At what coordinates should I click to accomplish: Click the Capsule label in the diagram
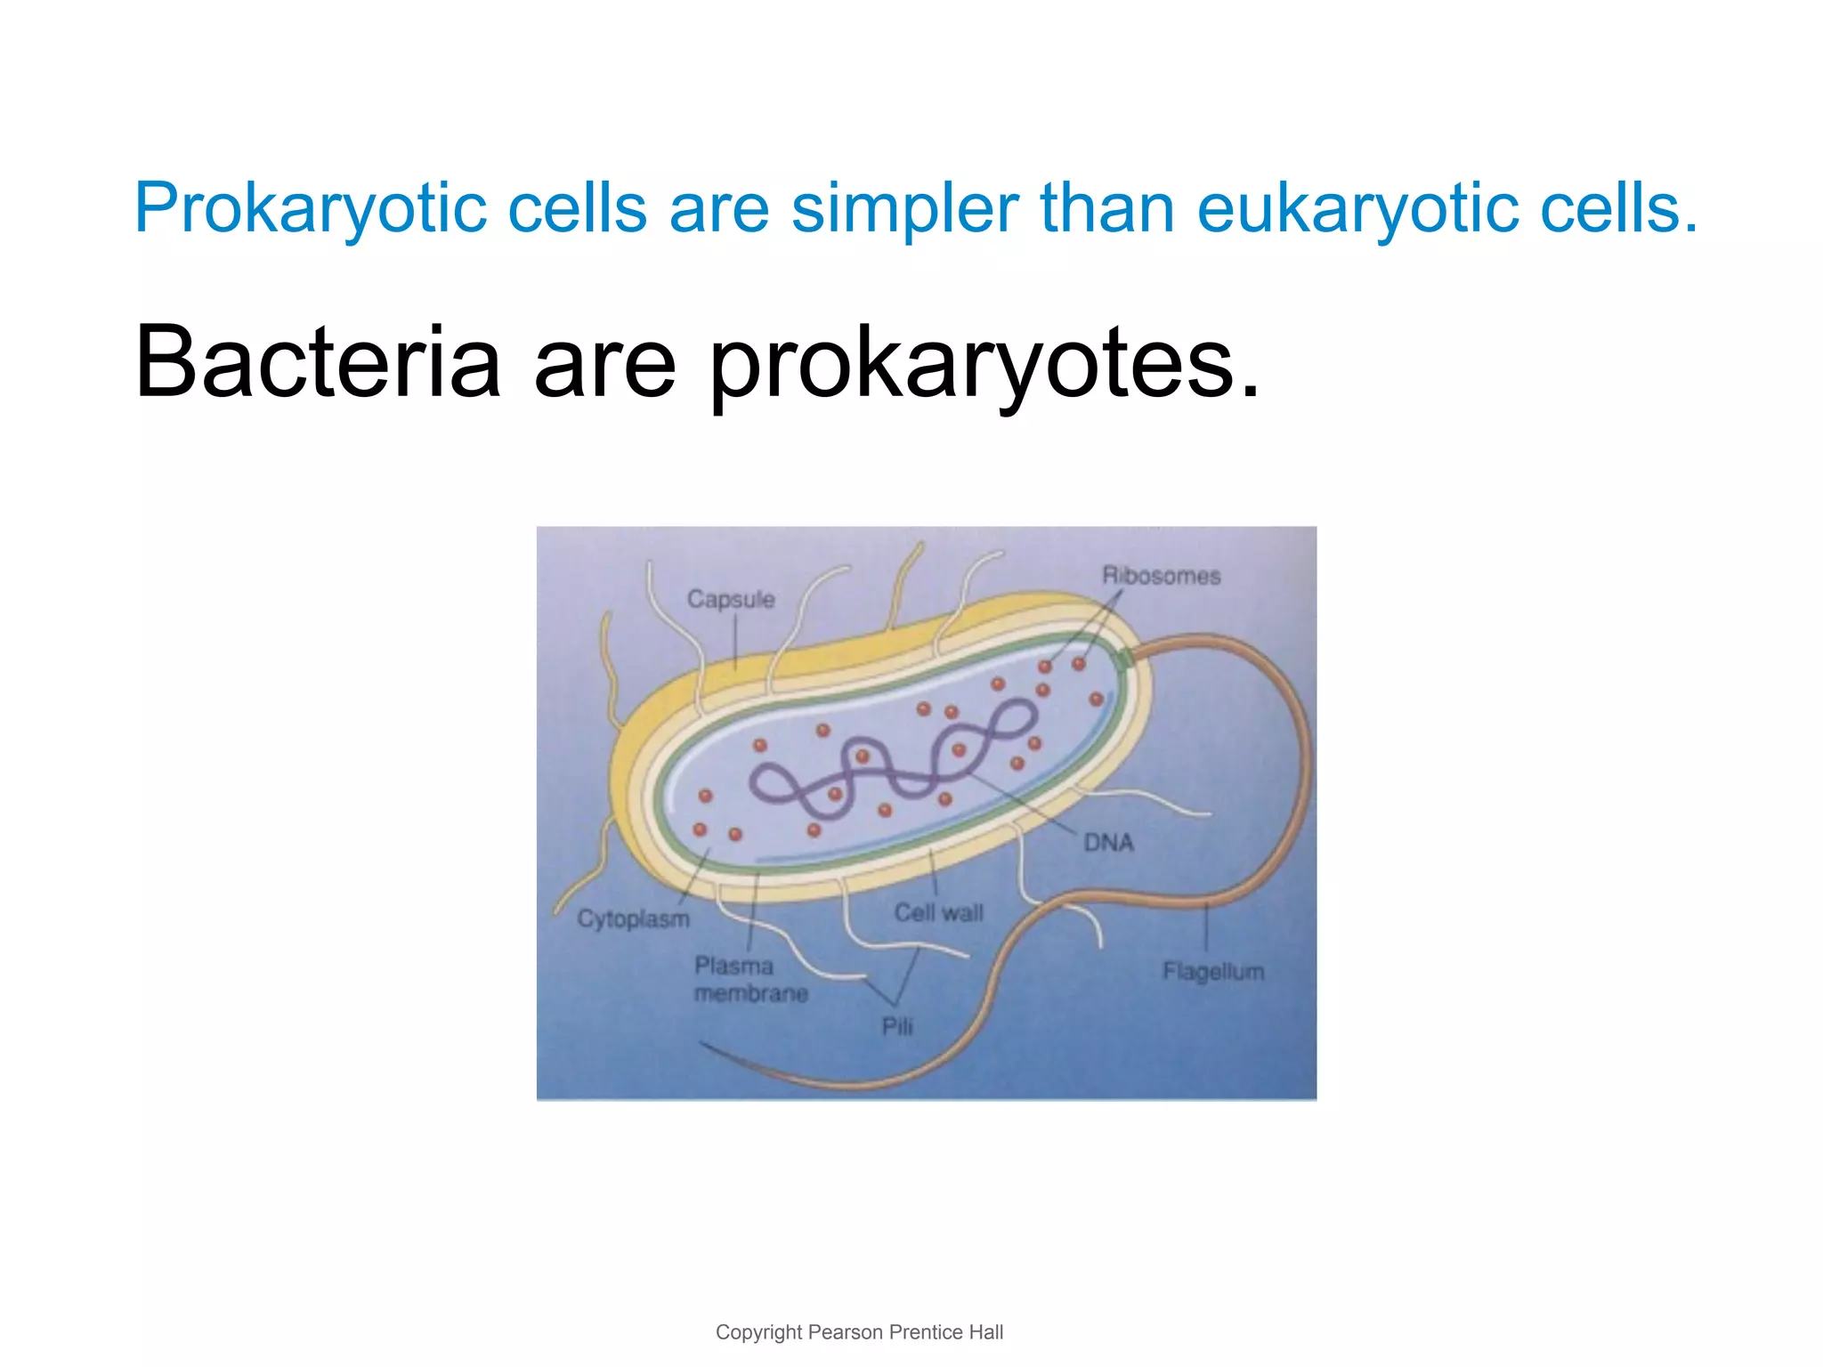pyautogui.click(x=731, y=600)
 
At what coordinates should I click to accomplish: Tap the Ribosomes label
pyautogui.click(x=1161, y=576)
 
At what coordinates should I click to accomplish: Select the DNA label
pyautogui.click(x=1108, y=842)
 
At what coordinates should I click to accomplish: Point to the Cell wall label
pyautogui.click(x=938, y=913)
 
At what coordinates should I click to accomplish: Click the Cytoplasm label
pyautogui.click(x=633, y=918)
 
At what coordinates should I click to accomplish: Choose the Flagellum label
pyautogui.click(x=1213, y=971)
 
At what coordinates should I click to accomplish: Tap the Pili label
pyautogui.click(x=897, y=1026)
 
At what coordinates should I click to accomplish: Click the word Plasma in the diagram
pyautogui.click(x=733, y=966)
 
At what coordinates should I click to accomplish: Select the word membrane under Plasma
pyautogui.click(x=751, y=993)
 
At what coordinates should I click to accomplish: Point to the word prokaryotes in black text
pyautogui.click(x=984, y=365)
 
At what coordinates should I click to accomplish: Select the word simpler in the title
pyautogui.click(x=903, y=209)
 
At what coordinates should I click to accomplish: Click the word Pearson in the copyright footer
pyautogui.click(x=846, y=1332)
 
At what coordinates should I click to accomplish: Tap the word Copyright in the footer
pyautogui.click(x=758, y=1332)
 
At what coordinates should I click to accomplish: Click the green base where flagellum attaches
pyautogui.click(x=1124, y=659)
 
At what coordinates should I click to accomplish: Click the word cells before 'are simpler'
pyautogui.click(x=577, y=209)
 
